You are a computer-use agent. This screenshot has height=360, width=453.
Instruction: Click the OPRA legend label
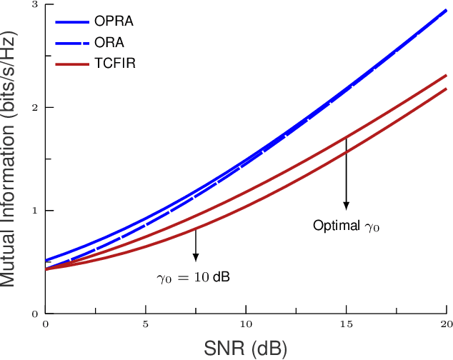[x=114, y=21]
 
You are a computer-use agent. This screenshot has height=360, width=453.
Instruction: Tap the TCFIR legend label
[x=115, y=64]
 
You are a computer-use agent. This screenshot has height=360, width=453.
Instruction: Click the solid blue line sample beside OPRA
[x=72, y=21]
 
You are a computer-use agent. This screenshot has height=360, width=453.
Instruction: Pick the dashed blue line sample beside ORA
[x=72, y=43]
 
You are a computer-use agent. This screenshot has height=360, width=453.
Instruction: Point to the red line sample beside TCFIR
[x=72, y=64]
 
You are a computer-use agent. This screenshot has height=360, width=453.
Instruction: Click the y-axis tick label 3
[x=35, y=5]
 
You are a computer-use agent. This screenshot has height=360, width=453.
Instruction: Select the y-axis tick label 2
[x=35, y=108]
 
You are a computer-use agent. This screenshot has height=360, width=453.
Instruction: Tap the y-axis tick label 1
[x=35, y=211]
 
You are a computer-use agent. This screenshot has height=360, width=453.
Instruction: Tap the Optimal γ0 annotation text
[x=347, y=226]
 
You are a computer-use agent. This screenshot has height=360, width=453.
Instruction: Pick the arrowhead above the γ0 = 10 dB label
[x=196, y=256]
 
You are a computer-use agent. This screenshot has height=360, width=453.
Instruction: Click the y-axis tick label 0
[x=35, y=314]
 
